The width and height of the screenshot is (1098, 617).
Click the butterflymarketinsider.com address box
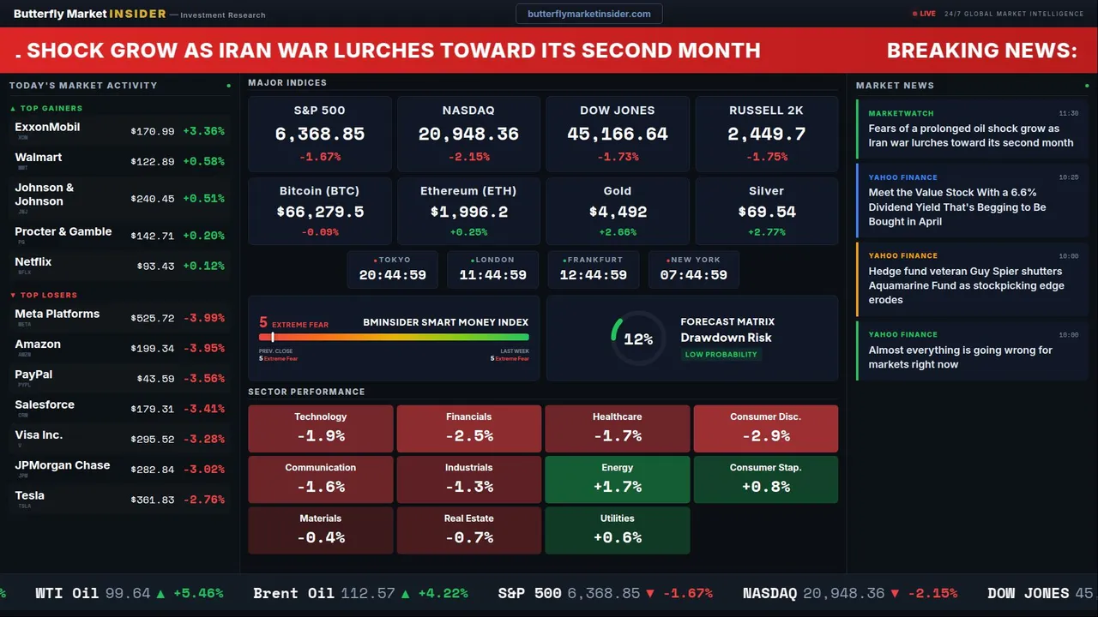[589, 14]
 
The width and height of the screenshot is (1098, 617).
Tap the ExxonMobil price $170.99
[153, 132]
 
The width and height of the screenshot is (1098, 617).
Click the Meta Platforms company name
[57, 314]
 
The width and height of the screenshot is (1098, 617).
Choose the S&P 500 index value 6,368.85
[320, 135]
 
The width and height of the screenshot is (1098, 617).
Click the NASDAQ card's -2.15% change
[468, 157]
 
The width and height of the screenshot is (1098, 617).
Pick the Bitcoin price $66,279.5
[320, 212]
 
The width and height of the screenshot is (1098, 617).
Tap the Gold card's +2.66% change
[617, 232]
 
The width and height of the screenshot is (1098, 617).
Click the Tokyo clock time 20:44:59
[393, 275]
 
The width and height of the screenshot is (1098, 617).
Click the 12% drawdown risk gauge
[637, 339]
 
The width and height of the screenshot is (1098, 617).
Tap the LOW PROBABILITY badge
[721, 355]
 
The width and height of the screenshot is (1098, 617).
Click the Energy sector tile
[617, 479]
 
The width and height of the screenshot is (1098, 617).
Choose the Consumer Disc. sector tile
[765, 428]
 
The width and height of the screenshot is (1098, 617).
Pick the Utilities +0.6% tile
[617, 530]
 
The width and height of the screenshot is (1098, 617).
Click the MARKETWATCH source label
[901, 113]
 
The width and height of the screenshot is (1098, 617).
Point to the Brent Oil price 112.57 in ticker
[367, 593]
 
